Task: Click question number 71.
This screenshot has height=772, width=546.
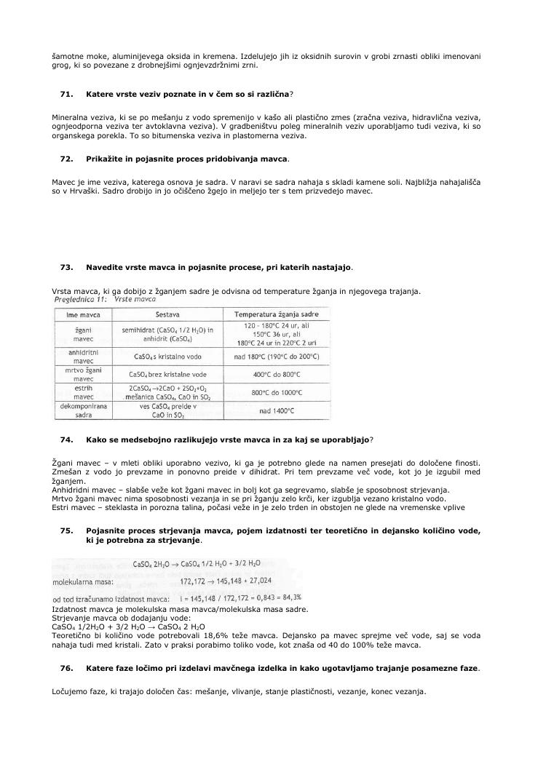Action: (x=66, y=95)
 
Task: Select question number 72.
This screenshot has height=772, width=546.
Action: (x=66, y=159)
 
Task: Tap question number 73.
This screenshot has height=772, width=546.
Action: (x=66, y=267)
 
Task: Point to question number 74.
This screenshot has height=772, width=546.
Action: (x=66, y=439)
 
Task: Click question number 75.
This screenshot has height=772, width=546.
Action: (x=66, y=530)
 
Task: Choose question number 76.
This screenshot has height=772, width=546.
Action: (x=66, y=668)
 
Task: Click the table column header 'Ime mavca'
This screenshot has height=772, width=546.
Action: (x=83, y=315)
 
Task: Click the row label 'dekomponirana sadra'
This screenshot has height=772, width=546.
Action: (x=83, y=411)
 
